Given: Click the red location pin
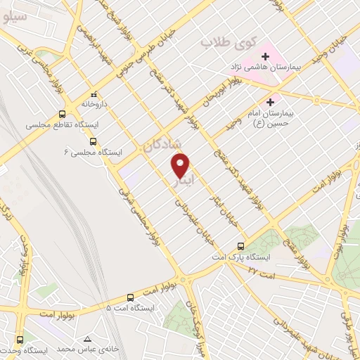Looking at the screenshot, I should coord(181,166).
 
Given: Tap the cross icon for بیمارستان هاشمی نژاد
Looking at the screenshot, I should coord(266,56).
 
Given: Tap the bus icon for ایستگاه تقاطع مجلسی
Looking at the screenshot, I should coord(63,114).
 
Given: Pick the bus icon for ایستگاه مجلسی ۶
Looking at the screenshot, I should coord(94,141).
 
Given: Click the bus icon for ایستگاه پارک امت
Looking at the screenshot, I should coord(240,247).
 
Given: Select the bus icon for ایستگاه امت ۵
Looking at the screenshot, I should coord(130,297).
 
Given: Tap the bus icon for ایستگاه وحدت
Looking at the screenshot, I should coord(19,339).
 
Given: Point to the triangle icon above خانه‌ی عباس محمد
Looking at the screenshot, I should coord(86,338).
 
